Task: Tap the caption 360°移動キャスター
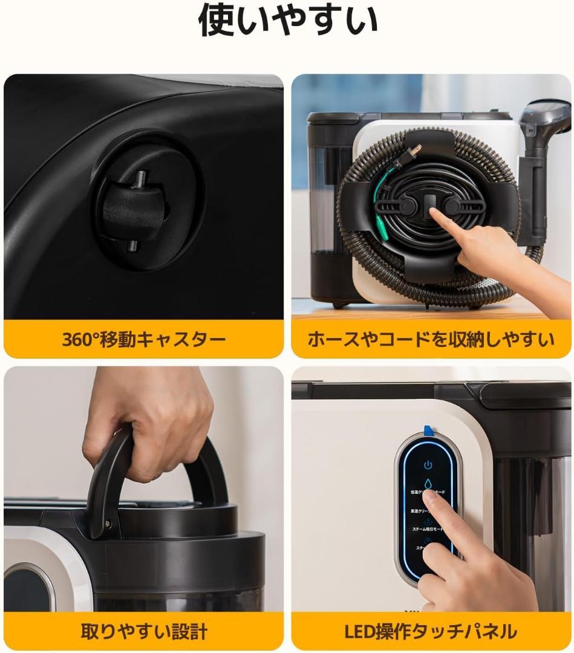(144, 339)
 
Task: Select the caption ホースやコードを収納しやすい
(431, 339)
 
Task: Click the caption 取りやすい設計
(144, 632)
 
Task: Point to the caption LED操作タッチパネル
(431, 632)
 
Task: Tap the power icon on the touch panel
(428, 465)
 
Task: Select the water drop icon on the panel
(428, 483)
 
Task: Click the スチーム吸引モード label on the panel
(427, 528)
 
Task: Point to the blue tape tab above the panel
(428, 430)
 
